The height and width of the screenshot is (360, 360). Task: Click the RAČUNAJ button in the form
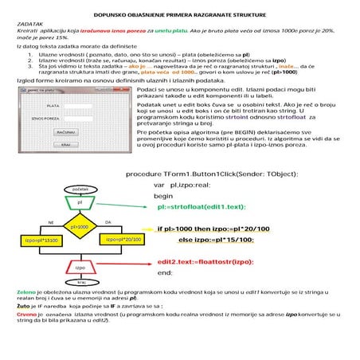[x=66, y=131]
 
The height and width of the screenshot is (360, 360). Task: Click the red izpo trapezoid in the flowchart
[x=80, y=268]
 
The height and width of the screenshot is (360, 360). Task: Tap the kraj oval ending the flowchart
[x=80, y=283]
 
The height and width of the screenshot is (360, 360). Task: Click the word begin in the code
[x=163, y=195]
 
